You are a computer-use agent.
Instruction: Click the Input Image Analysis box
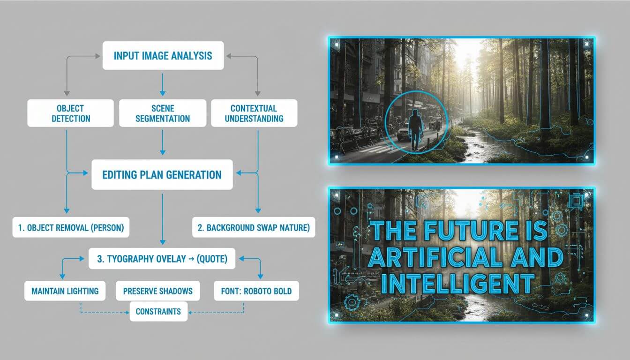[x=163, y=56]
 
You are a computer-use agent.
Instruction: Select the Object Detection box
[x=71, y=113]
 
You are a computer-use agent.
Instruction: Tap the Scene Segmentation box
[x=163, y=113]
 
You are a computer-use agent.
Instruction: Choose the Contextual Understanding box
[x=254, y=113]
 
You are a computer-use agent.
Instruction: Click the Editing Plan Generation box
[x=162, y=175]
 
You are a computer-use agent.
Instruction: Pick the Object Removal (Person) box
[x=71, y=227]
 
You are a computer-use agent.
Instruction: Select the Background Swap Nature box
[x=254, y=227]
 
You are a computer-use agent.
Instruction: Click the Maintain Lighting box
[x=65, y=291]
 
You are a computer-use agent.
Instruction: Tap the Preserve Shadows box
[x=158, y=291]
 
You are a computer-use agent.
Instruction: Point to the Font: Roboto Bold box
[x=256, y=291]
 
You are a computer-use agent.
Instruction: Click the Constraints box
[x=158, y=311]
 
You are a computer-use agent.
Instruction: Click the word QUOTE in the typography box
[x=212, y=259]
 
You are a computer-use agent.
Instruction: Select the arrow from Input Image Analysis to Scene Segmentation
[x=163, y=85]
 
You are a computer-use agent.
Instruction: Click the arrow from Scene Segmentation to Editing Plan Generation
[x=163, y=142]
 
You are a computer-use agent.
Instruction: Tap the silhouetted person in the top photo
[x=415, y=130]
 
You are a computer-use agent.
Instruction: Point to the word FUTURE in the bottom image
[x=471, y=231]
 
